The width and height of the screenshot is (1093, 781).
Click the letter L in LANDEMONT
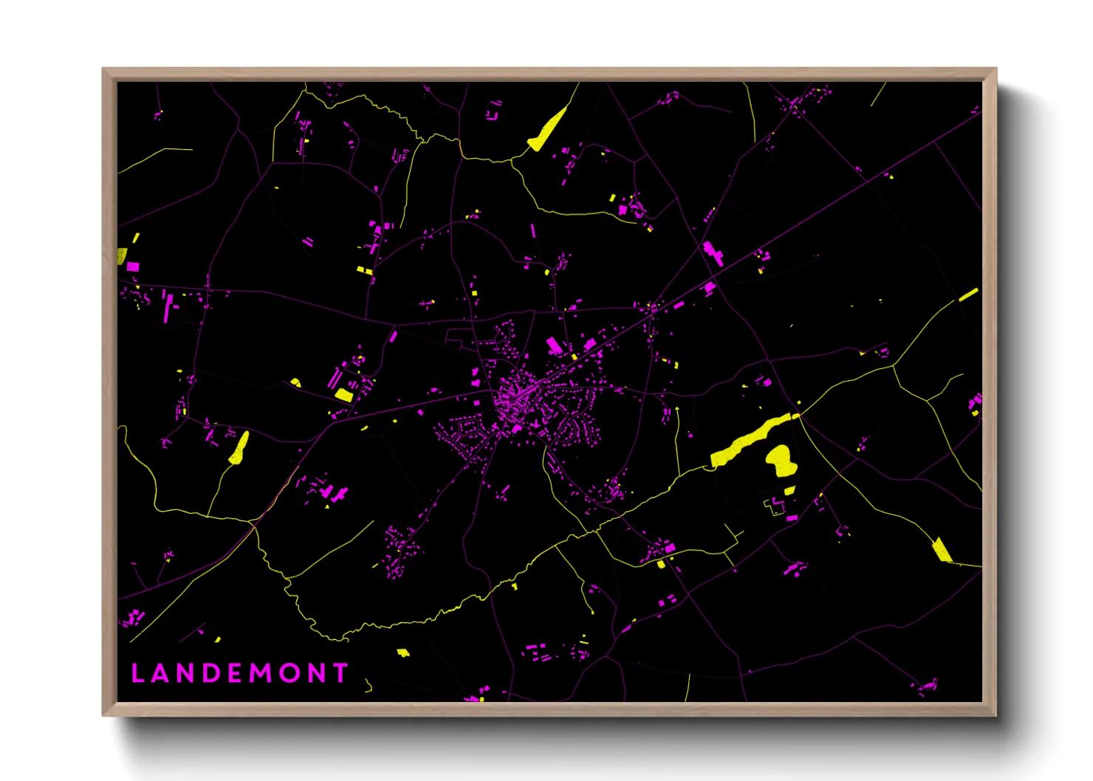tap(137, 673)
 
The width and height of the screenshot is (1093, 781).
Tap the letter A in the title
tap(162, 673)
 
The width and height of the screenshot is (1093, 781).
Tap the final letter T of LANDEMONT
tap(340, 673)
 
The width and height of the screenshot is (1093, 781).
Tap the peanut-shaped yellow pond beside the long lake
tap(780, 461)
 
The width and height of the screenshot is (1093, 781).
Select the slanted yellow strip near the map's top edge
tap(547, 130)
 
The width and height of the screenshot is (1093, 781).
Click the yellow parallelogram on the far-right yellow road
tap(942, 550)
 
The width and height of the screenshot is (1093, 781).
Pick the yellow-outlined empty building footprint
tap(775, 506)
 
